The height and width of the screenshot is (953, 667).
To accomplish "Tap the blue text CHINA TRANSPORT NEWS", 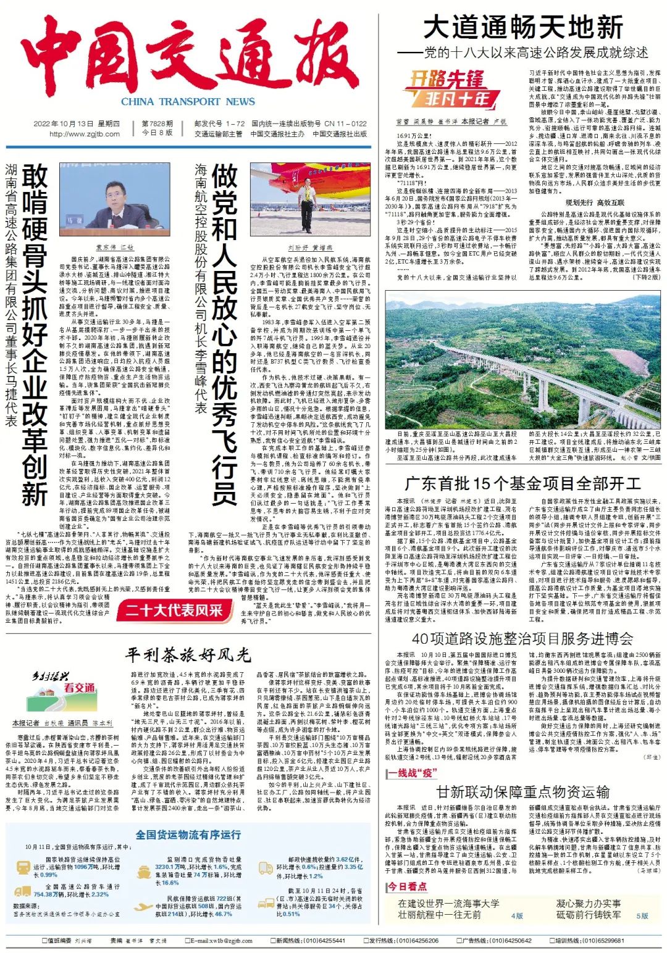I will click(x=188, y=102).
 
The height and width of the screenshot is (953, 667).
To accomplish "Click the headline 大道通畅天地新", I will click(x=522, y=28).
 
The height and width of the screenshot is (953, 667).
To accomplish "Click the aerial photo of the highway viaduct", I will click(x=522, y=360).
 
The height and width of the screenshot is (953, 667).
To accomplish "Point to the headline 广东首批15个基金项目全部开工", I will click(x=522, y=484).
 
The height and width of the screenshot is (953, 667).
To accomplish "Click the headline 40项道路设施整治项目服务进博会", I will click(x=522, y=638).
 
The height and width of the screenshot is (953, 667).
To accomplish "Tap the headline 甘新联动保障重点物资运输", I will click(x=522, y=792).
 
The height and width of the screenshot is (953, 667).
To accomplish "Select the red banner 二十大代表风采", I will click(x=174, y=611).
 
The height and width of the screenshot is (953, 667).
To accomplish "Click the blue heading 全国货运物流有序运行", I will click(x=188, y=834).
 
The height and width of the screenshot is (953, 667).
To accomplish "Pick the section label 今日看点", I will click(x=407, y=886).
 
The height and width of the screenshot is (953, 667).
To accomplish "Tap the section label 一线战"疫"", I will click(x=412, y=773).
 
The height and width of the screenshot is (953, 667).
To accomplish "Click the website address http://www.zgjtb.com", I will click(x=85, y=134).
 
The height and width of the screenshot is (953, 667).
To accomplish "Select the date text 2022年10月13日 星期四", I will click(x=77, y=123).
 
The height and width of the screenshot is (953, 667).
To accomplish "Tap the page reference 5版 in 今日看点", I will click(x=642, y=915).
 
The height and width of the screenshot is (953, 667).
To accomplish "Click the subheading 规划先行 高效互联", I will click(x=595, y=202).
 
